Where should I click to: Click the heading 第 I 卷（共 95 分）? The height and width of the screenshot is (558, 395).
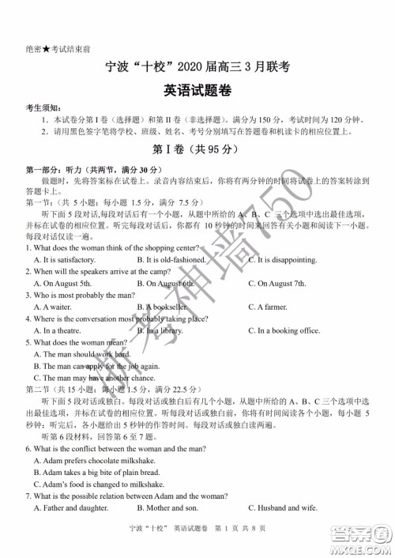[x=197, y=150]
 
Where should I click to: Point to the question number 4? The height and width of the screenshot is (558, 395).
[x=28, y=319]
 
